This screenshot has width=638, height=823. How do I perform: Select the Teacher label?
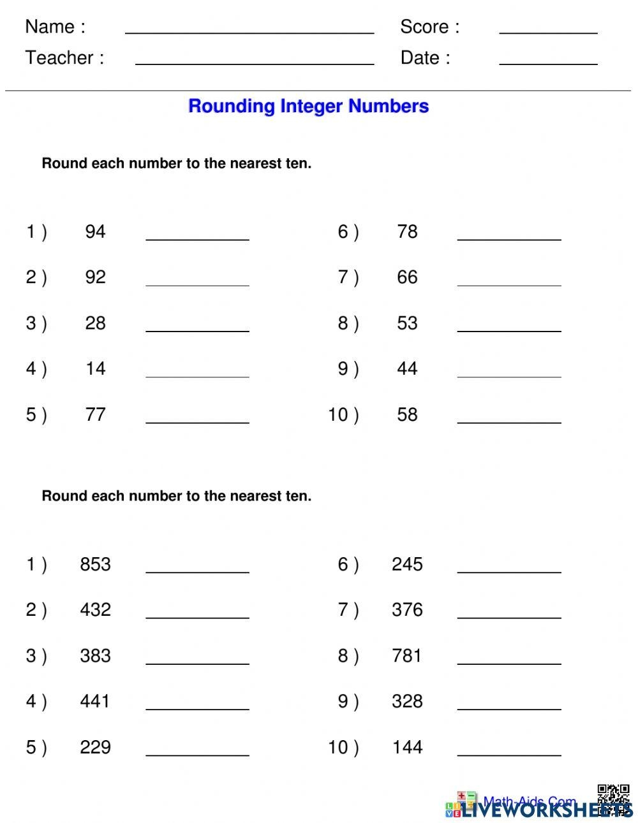(x=64, y=58)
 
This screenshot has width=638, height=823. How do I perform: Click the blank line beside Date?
(x=548, y=63)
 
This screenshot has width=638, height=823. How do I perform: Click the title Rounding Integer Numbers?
(x=308, y=106)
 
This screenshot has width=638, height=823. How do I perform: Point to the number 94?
(x=95, y=231)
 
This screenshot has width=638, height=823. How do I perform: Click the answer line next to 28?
(x=197, y=330)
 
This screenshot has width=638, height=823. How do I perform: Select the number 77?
(x=95, y=414)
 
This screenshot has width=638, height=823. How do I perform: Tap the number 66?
(x=407, y=277)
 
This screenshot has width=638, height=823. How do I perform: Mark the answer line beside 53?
(x=509, y=330)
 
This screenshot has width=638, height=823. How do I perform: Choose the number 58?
(x=407, y=414)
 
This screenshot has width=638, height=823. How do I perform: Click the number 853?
(x=95, y=564)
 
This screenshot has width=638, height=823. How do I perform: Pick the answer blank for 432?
(x=197, y=616)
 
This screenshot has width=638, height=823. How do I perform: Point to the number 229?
(x=95, y=747)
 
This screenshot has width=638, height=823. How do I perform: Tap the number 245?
(x=407, y=564)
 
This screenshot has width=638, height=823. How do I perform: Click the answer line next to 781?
(x=509, y=662)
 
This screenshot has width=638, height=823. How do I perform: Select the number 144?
(x=407, y=747)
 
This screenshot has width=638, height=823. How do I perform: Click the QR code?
(x=613, y=799)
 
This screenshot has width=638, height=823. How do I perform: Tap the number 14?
(x=95, y=368)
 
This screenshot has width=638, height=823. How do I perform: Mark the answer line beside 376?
(x=509, y=616)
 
